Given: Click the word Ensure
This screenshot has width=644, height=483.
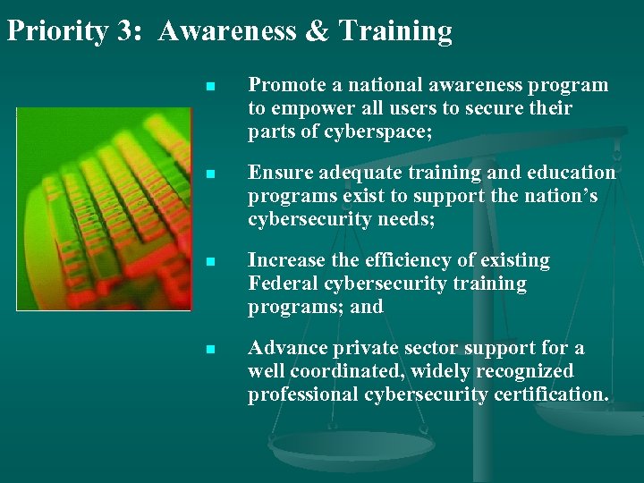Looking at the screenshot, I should [275, 173].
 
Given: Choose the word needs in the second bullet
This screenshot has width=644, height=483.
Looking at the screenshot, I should [406, 219].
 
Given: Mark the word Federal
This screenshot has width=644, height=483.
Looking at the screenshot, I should [281, 284].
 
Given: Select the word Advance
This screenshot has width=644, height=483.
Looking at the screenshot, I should [285, 348].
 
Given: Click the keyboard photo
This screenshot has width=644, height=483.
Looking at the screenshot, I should [104, 208].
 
